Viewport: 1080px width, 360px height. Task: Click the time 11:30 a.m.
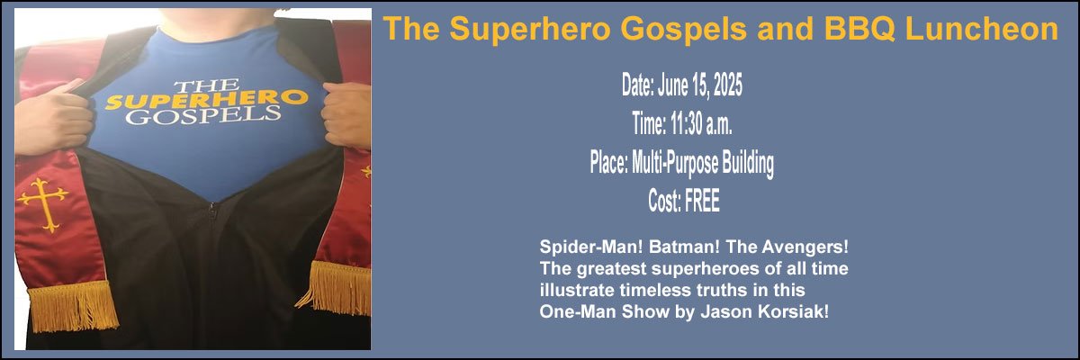coord(700,124)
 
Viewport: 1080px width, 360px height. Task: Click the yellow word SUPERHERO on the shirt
coord(206,99)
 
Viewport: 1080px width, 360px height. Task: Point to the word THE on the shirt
coord(207,85)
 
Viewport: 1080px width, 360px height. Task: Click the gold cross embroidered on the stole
coord(44,204)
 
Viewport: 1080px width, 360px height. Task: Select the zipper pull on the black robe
coord(211,211)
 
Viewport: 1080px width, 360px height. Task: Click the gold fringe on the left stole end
coord(73,307)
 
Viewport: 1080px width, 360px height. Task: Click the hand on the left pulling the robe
coord(52,121)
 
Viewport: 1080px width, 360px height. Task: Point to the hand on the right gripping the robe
coord(346,114)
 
